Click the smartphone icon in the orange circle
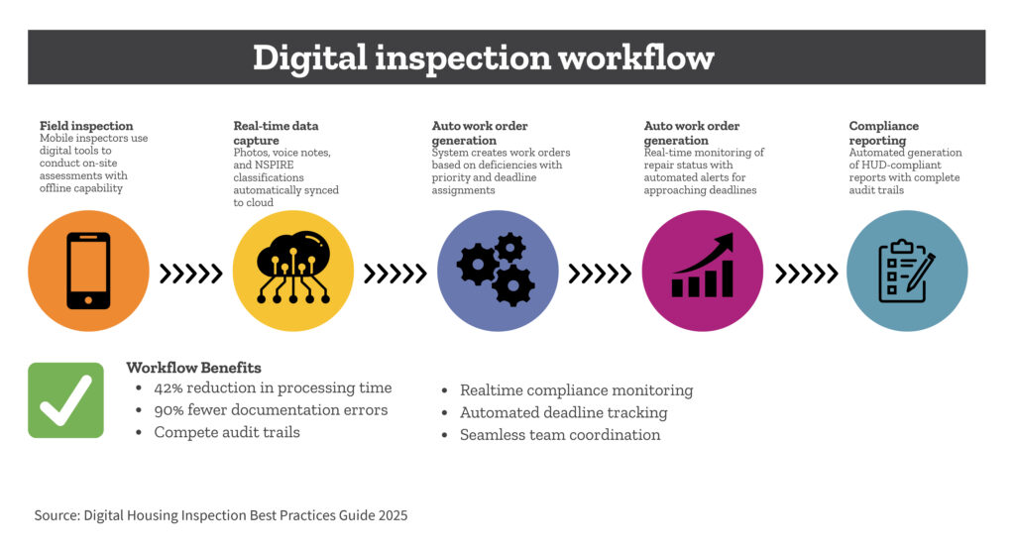[88, 271]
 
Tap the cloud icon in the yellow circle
[293, 268]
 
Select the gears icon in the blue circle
[497, 270]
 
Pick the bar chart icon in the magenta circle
[703, 266]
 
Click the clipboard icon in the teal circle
[906, 271]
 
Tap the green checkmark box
[66, 400]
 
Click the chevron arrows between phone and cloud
[191, 274]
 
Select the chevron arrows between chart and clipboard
[807, 274]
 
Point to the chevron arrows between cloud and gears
[395, 274]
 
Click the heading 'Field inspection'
[86, 126]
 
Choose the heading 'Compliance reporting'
[883, 133]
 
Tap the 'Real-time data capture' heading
[276, 133]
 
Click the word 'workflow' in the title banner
[635, 57]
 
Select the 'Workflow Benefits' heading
[193, 368]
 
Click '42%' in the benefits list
[169, 387]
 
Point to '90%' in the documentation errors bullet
[169, 410]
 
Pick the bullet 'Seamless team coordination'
[560, 435]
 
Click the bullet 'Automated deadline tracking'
[563, 413]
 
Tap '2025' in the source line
[393, 515]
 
